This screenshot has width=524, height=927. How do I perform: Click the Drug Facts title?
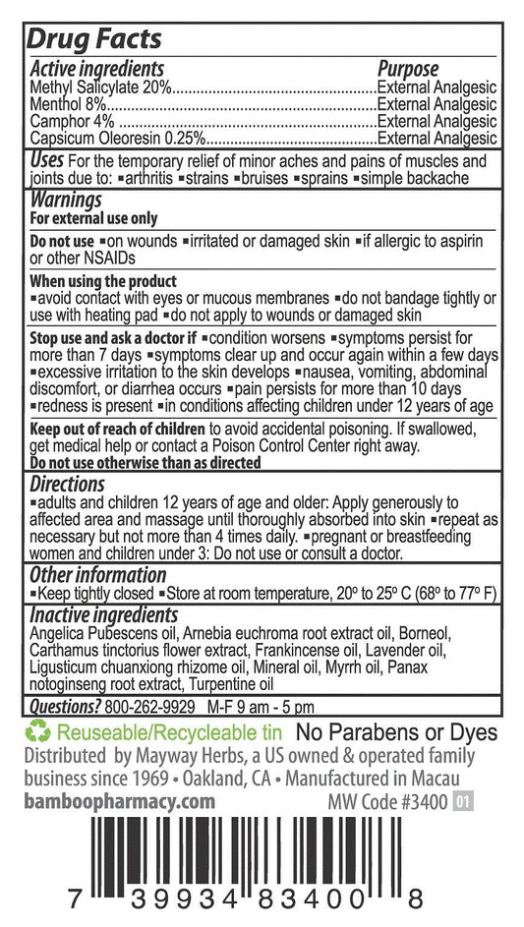pos(94,40)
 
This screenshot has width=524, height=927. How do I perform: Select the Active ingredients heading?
pos(96,69)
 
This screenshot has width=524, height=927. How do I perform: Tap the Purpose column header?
pos(408,69)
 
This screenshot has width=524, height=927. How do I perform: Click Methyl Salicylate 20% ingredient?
pos(100,87)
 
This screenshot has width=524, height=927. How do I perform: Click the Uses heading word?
pos(48,160)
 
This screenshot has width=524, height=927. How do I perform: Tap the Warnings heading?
pos(67,199)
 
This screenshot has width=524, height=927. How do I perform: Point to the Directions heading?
pos(67,484)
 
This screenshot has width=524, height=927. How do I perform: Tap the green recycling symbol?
pos(38,732)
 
